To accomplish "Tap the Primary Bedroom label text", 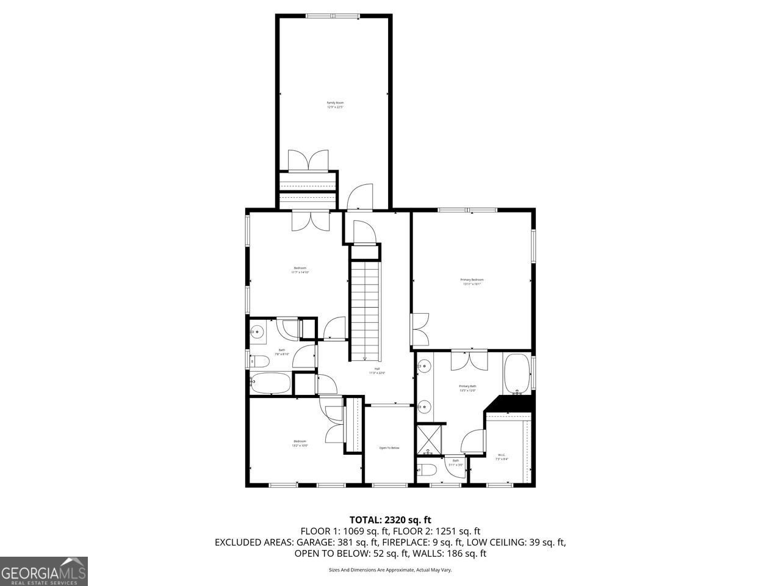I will click(472, 281).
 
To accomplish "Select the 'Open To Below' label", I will click(389, 448).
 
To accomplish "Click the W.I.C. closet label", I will click(502, 457).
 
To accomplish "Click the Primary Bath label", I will click(467, 388).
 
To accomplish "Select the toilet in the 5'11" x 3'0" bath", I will click(427, 469).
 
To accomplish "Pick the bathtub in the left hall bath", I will click(271, 383).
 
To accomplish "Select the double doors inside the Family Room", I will click(309, 160).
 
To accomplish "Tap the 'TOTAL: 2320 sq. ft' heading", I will click(390, 520).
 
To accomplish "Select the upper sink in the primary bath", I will click(424, 367).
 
